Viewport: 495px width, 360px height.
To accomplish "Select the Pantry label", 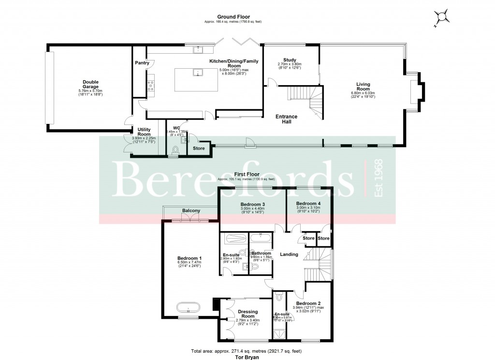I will [x=142, y=63].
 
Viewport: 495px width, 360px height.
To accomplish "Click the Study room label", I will [x=289, y=60].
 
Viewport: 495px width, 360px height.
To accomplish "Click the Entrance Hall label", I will [x=286, y=120].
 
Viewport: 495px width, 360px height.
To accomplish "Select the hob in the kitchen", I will [x=151, y=86].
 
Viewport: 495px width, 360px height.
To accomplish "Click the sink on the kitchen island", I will [x=197, y=73].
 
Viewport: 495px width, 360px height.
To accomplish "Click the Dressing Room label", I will [x=247, y=314].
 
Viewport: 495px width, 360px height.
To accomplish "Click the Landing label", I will [x=289, y=255].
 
